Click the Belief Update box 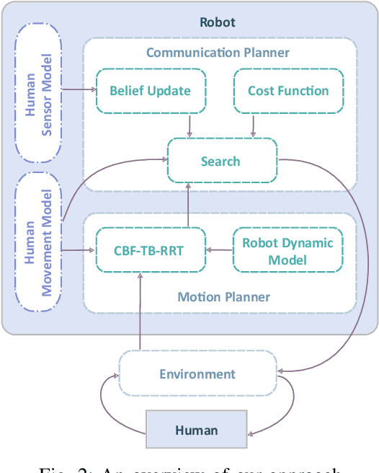tap(150, 91)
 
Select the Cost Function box tap(287, 91)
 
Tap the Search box tap(221, 160)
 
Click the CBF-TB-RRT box tap(150, 251)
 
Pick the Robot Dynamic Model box tap(287, 251)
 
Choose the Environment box tap(197, 373)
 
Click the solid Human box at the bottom tap(196, 430)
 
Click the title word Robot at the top tap(217, 22)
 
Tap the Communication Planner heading tap(218, 52)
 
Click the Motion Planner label tap(223, 296)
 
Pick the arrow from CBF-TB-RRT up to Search tap(189, 205)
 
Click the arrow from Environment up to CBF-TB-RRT tap(140, 310)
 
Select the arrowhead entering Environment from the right tap(281, 371)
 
